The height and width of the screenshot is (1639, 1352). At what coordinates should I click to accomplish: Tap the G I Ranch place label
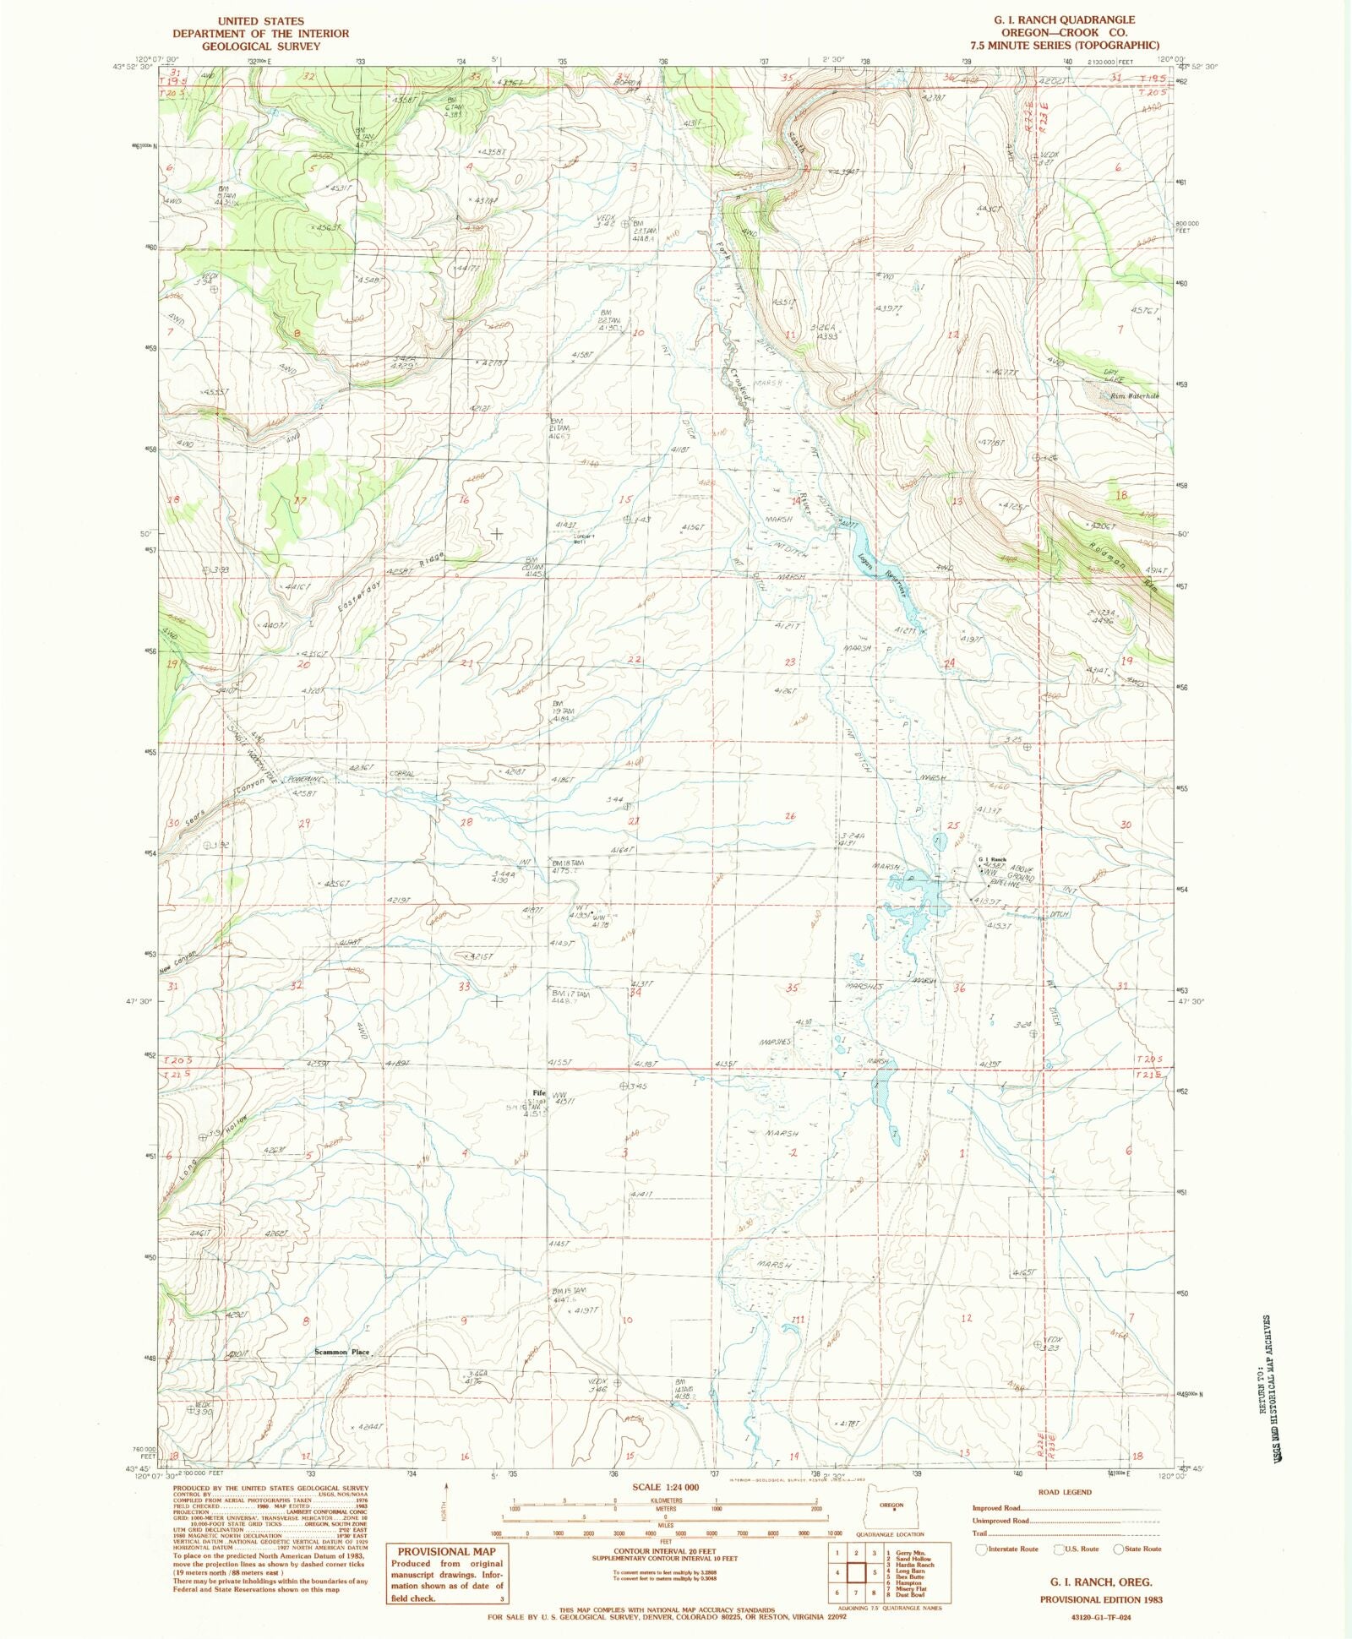click(993, 860)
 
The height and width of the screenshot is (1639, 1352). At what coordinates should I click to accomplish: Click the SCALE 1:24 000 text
click(666, 1487)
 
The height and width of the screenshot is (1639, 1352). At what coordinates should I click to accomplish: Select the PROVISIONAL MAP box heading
click(446, 1552)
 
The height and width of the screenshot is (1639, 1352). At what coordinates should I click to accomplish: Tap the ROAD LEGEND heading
click(1066, 1492)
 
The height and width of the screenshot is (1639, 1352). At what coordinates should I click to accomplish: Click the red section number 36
click(959, 988)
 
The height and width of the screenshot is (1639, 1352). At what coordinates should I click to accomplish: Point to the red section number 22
click(635, 659)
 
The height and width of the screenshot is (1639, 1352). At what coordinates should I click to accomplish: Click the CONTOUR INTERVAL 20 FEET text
click(666, 1551)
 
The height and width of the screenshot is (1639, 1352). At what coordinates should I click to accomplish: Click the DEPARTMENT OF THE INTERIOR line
click(261, 34)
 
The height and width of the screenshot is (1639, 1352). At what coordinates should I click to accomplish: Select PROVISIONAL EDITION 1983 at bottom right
click(1101, 1599)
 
